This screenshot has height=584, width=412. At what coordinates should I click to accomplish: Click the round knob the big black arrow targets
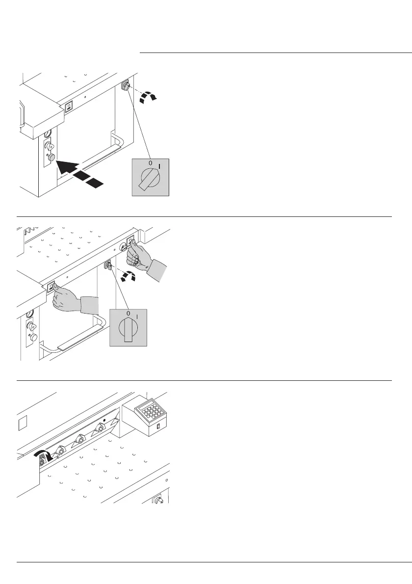point(50,157)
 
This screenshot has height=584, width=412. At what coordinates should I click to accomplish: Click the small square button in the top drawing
point(69,106)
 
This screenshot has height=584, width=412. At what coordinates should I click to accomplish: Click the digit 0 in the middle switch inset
point(128,313)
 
